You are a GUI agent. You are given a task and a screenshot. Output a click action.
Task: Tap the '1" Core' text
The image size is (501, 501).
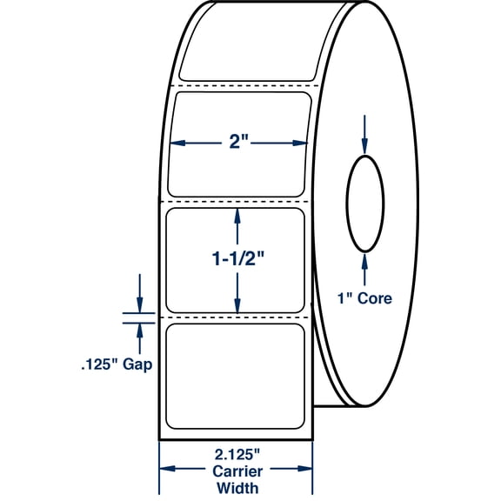click(x=365, y=298)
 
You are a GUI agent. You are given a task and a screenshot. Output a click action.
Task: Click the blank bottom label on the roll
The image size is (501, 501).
click(x=235, y=376)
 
